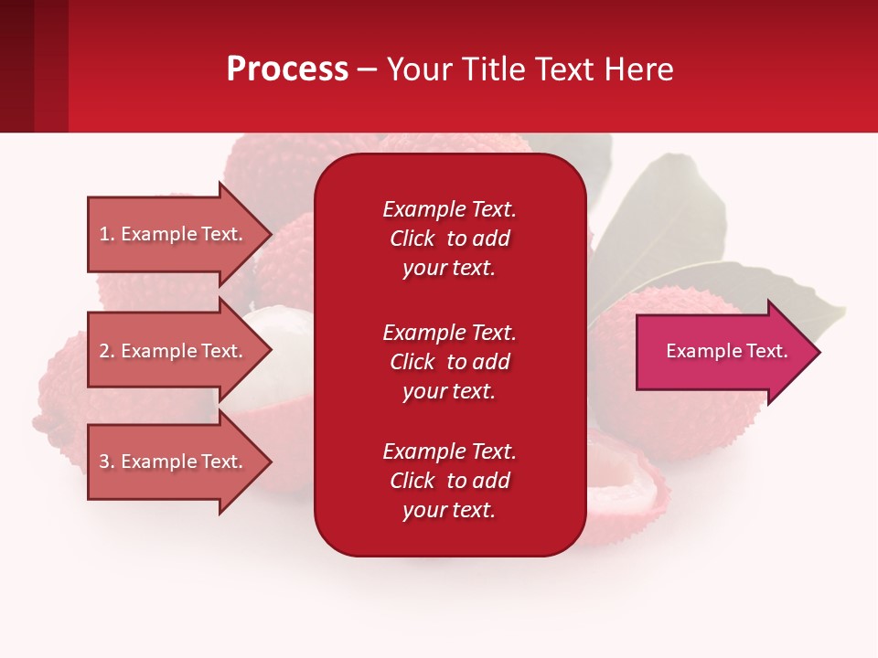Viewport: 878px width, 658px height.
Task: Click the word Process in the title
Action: point(287,69)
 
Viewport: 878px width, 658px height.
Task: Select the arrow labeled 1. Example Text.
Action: point(170,234)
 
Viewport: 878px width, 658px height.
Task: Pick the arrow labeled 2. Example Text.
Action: point(170,351)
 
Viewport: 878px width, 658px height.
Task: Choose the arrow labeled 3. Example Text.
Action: point(170,462)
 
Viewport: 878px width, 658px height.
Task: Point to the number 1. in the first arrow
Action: point(107,234)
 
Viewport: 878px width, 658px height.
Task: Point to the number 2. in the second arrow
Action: point(107,351)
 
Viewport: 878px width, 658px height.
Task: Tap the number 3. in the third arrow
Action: point(107,462)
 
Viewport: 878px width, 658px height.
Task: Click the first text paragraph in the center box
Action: point(449,239)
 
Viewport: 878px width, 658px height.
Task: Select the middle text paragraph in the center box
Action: point(449,362)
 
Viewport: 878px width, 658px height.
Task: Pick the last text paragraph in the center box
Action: point(449,481)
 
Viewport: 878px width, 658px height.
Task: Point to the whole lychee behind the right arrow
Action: point(695,411)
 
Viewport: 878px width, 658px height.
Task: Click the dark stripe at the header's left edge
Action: point(16,66)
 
